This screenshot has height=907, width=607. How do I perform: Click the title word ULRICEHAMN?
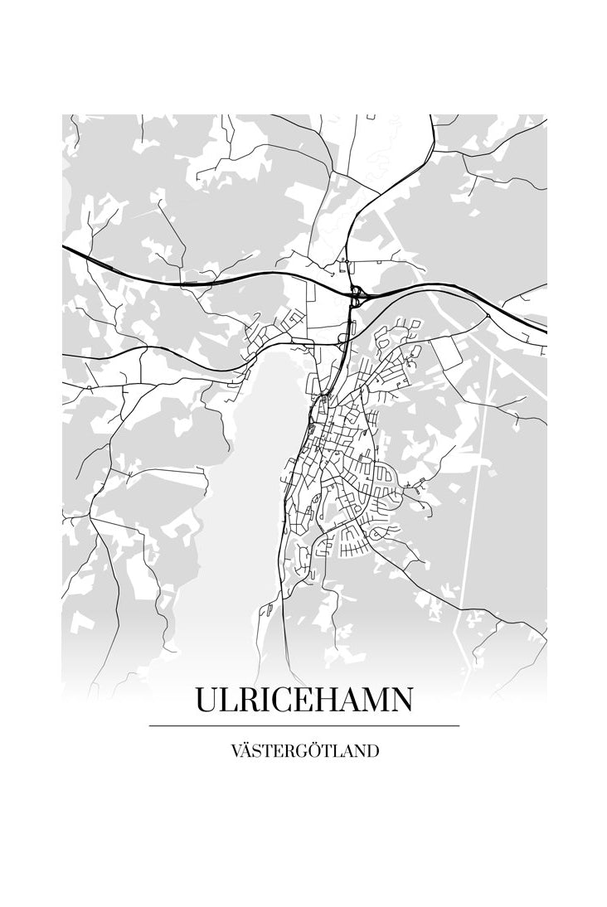(303, 700)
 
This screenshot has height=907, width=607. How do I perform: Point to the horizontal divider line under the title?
(303, 725)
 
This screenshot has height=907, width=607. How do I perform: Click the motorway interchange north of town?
(357, 293)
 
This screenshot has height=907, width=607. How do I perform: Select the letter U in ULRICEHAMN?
(206, 700)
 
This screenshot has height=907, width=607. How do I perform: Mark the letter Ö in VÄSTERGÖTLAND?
(318, 751)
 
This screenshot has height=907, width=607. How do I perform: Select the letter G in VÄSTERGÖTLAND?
(304, 752)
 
